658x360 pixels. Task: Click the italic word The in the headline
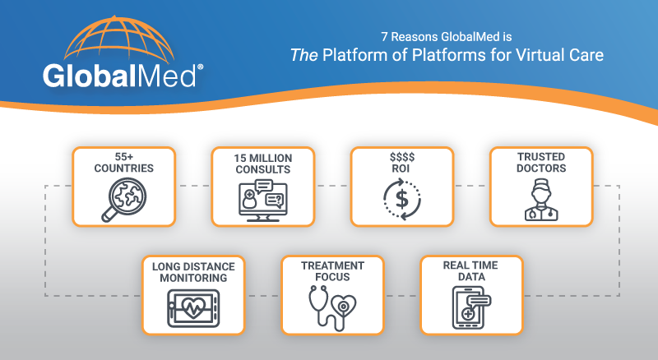[305, 56]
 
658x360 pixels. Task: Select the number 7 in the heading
[385, 37]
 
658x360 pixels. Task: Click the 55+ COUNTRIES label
[123, 163]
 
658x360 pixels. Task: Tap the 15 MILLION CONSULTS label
[262, 163]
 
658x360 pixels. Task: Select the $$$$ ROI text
[402, 163]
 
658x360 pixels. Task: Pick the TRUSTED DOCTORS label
[541, 163]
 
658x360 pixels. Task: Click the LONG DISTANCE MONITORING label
[192, 272]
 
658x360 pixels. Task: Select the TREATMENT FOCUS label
[332, 272]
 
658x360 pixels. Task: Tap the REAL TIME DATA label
[471, 272]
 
